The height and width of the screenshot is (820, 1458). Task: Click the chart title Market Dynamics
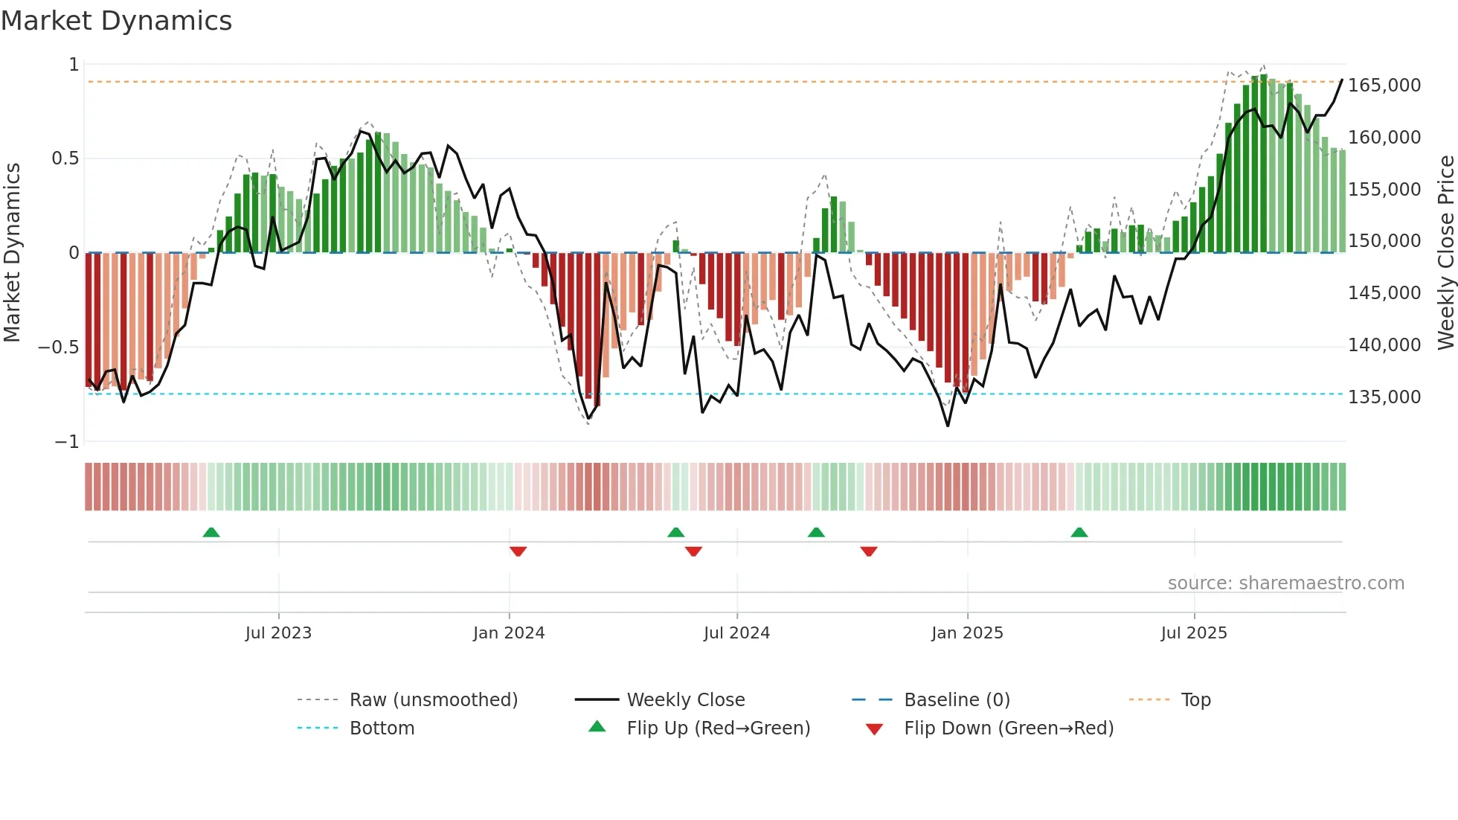click(x=117, y=21)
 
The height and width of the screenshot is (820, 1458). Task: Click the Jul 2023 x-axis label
click(x=278, y=633)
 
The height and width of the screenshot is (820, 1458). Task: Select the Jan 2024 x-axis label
click(x=509, y=633)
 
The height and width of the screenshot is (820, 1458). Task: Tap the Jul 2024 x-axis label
click(x=736, y=633)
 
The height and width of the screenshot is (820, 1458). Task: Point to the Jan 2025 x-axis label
click(x=967, y=633)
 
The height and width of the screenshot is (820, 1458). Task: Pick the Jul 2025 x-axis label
click(x=1194, y=633)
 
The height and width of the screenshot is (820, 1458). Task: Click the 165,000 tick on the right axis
click(x=1384, y=86)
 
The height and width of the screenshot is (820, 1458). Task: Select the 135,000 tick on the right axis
click(x=1384, y=397)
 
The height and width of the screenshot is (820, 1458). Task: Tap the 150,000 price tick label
click(x=1384, y=241)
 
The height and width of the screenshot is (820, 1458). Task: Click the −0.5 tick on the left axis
click(x=58, y=347)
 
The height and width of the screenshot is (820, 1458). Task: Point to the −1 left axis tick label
click(x=66, y=442)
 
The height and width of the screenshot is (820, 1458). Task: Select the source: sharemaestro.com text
click(x=1285, y=583)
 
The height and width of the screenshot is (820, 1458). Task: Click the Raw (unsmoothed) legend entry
click(x=433, y=700)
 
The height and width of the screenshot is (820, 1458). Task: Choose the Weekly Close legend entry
click(x=685, y=700)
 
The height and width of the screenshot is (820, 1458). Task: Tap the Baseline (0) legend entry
click(x=957, y=700)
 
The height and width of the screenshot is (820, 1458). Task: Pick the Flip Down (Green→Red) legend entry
click(x=1008, y=728)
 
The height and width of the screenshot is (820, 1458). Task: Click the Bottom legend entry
click(x=382, y=728)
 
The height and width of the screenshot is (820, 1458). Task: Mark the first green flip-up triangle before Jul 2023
click(x=211, y=532)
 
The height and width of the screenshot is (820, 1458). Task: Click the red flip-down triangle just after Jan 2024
click(x=518, y=551)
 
